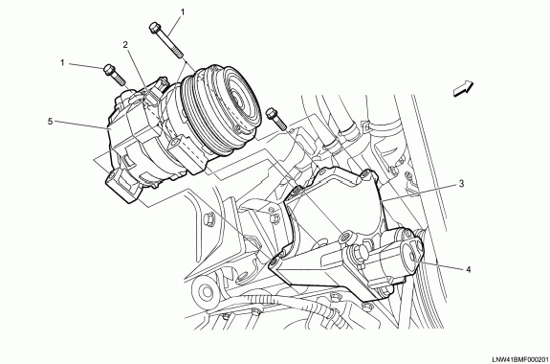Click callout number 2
125,44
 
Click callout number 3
462,183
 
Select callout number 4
469,269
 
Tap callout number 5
51,122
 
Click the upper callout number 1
183,11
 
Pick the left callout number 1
62,63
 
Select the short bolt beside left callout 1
115,75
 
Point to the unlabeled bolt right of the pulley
276,119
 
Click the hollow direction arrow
463,88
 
